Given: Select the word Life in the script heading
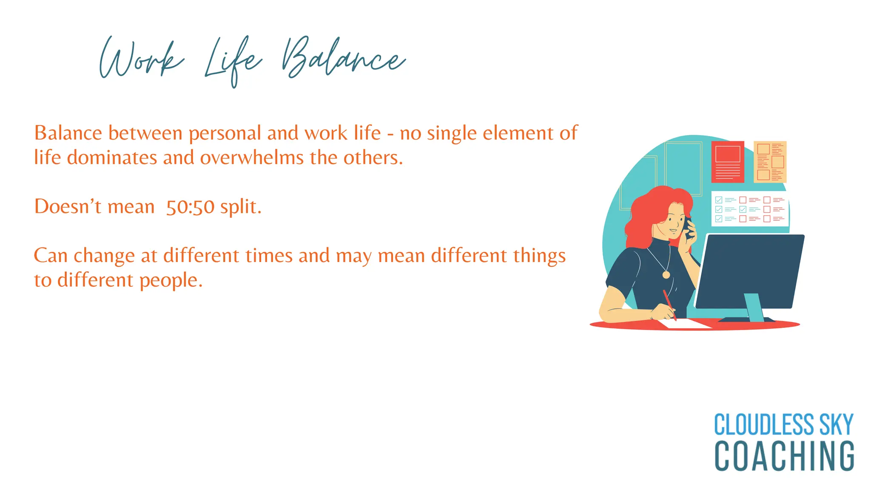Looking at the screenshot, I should tap(233, 62).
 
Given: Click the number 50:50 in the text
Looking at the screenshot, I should tap(190, 207).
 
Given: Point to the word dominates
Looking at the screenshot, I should tap(112, 158).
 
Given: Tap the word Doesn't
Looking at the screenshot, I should tap(68, 207).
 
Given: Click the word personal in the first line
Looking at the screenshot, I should tap(225, 133).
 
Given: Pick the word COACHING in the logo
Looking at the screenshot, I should tap(784, 456).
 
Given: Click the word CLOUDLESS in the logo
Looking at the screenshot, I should tap(764, 424).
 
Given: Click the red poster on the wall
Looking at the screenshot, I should tap(728, 162).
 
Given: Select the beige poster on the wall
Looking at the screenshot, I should tap(770, 162).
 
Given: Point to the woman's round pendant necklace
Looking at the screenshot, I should tap(666, 275).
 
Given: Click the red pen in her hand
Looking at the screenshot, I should tap(669, 303).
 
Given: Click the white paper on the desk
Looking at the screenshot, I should tap(685, 324).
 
